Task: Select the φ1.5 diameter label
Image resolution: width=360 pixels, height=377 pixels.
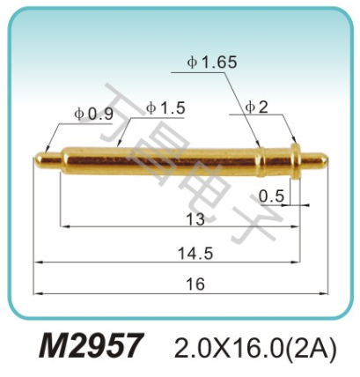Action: coord(165,107)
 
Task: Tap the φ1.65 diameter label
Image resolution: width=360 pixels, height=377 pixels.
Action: coord(212,63)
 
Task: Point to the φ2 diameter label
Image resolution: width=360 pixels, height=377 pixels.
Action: coord(258,107)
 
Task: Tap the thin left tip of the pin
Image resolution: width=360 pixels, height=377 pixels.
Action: coord(48,159)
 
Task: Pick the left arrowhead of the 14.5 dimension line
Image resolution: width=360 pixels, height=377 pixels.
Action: coord(36,262)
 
